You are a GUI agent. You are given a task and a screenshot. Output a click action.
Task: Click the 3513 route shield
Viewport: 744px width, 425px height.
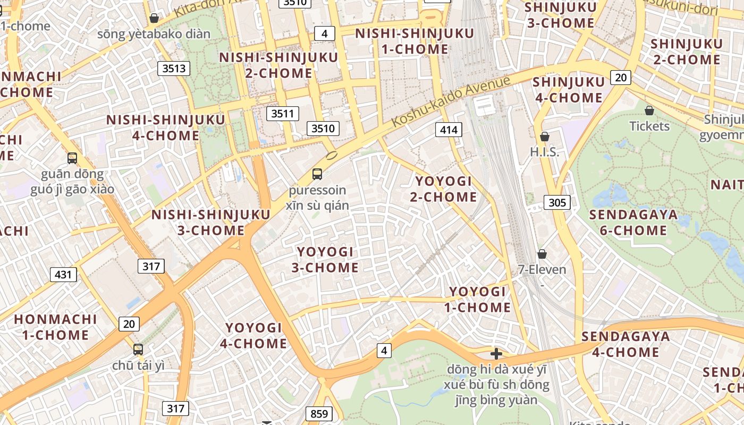[174, 68]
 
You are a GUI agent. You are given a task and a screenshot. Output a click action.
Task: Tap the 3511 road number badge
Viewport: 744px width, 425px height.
[282, 114]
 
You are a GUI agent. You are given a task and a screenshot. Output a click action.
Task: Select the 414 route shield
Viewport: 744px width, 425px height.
[449, 129]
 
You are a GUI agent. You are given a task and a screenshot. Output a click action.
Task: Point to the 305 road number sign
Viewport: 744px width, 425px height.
[557, 202]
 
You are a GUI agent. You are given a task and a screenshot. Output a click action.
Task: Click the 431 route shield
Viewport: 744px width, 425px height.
[63, 275]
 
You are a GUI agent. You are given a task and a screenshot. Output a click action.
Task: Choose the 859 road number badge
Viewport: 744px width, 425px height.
[319, 414]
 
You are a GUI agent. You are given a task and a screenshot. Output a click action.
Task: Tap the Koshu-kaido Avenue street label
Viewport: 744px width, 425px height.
[451, 101]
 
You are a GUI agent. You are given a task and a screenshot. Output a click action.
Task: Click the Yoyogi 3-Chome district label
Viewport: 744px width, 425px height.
[325, 259]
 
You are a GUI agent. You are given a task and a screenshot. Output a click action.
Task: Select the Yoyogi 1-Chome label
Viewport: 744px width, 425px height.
[478, 299]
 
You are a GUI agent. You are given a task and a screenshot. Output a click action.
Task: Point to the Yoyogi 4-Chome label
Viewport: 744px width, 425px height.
[253, 335]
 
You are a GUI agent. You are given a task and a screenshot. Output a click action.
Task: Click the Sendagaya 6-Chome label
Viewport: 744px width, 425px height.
[633, 222]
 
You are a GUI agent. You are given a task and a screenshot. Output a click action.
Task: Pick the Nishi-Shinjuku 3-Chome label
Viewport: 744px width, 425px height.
[211, 222]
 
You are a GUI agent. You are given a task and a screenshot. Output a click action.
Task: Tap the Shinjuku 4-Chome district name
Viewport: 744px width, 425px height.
[568, 90]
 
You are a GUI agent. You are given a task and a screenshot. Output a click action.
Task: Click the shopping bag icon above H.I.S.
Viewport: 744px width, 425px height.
[544, 137]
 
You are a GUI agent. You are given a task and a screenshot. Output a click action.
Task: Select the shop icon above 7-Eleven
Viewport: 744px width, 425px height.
[542, 254]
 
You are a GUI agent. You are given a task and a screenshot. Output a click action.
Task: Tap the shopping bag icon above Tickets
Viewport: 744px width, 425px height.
[649, 110]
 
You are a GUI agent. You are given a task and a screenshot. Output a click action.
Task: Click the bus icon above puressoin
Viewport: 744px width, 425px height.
[317, 174]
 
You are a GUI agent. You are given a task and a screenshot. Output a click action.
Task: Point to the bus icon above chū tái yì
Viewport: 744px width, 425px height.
[138, 349]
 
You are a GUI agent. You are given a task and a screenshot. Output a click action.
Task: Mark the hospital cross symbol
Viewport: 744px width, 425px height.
[496, 354]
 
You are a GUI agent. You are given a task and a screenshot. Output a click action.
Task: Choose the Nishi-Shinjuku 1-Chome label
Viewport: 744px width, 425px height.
[415, 41]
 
